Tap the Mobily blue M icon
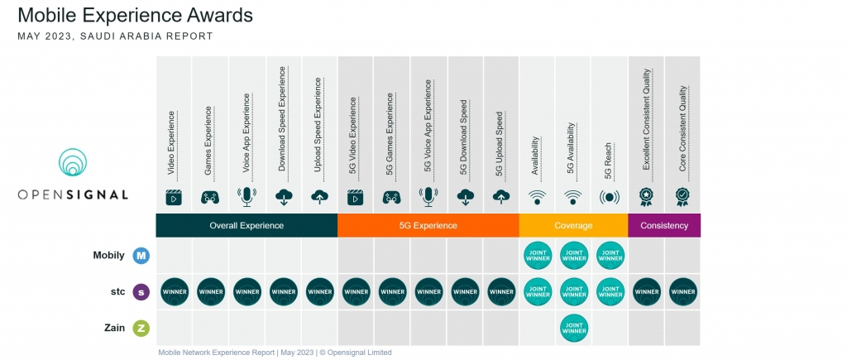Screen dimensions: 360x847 pyautogui.click(x=141, y=256)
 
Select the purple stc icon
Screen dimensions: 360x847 pyautogui.click(x=141, y=291)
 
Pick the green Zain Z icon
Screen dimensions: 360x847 pyautogui.click(x=141, y=328)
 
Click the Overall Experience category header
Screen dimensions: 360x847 pyautogui.click(x=246, y=225)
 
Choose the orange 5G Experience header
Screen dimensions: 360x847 pyautogui.click(x=428, y=225)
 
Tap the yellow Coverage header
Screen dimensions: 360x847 pyautogui.click(x=573, y=225)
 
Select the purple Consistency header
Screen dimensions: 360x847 pyautogui.click(x=664, y=225)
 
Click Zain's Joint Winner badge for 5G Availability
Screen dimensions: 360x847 pyautogui.click(x=573, y=328)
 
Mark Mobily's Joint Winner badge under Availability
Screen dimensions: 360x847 pyautogui.click(x=538, y=256)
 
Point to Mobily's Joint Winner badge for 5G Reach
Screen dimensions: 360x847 pyautogui.click(x=610, y=256)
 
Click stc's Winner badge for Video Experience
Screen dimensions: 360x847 pyautogui.click(x=175, y=291)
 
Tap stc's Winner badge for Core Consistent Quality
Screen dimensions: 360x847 pyautogui.click(x=682, y=291)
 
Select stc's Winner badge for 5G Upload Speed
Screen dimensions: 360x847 pyautogui.click(x=501, y=291)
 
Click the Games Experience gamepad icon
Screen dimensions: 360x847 pyautogui.click(x=210, y=198)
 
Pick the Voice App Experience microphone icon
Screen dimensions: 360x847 pyautogui.click(x=246, y=197)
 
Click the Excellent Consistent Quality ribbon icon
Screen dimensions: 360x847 pyautogui.click(x=646, y=197)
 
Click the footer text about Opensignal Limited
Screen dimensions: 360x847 pyautogui.click(x=275, y=353)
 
